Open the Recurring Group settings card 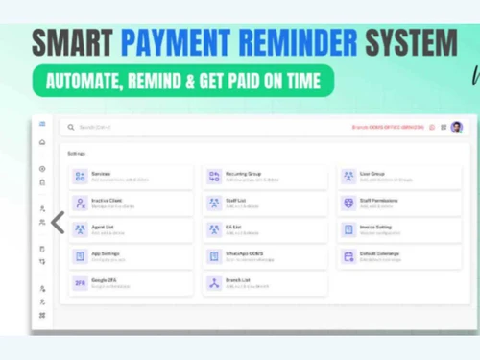coord(265,177)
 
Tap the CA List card coord(265,230)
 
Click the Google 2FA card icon coord(80,284)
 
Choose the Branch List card coord(265,284)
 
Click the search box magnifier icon coord(71,127)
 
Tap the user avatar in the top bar coord(457,127)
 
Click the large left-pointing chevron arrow coord(58,223)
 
